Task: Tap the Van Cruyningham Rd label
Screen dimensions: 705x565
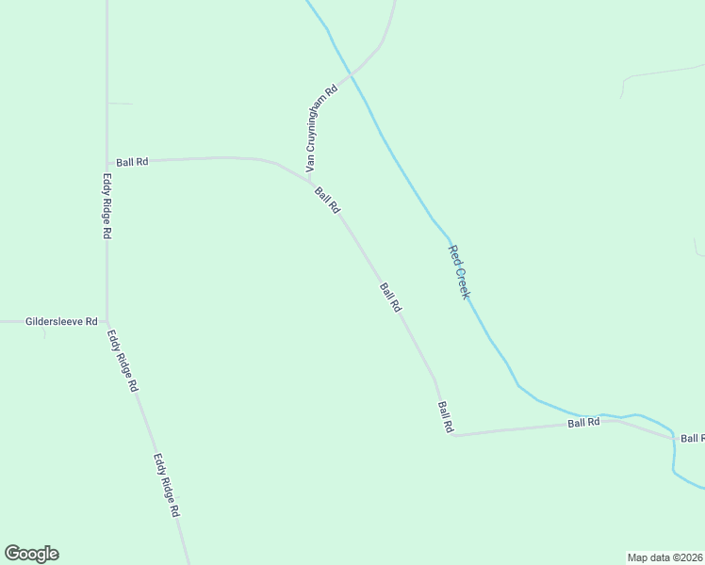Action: tap(320, 128)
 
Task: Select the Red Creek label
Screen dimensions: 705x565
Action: tap(459, 272)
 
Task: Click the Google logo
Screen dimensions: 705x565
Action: tap(31, 554)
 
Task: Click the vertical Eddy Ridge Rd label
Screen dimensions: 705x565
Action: tap(107, 204)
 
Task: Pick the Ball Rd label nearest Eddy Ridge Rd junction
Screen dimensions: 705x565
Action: tap(132, 162)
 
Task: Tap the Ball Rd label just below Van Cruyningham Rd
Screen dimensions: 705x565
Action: tap(327, 200)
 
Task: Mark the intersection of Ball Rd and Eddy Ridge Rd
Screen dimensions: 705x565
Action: tap(107, 162)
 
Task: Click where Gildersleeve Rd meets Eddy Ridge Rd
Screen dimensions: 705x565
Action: tap(107, 321)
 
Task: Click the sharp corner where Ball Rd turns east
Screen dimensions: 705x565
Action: tap(453, 435)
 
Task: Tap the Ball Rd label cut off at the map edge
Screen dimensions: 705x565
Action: tap(693, 439)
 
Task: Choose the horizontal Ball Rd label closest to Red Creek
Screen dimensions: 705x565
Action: tap(584, 423)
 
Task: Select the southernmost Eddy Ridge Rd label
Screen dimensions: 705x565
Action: tap(166, 486)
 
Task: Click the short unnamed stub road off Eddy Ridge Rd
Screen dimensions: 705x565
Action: tap(120, 103)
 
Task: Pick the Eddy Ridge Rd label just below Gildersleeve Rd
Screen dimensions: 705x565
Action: tap(123, 361)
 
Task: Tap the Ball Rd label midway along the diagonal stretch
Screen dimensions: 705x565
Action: tap(391, 298)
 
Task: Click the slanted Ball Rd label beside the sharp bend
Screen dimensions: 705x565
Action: tap(445, 417)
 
